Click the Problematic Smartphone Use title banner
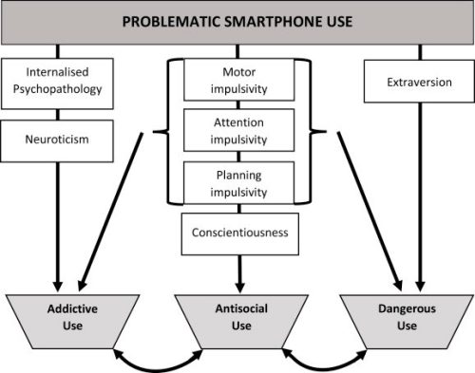[237, 22]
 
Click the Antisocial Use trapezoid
[237, 318]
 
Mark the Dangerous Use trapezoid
[410, 318]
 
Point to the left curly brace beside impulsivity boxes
[173, 131]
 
